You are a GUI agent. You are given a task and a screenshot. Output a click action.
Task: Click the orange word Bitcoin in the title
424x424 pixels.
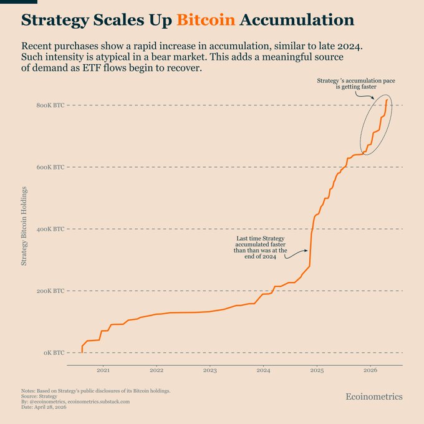pos(206,20)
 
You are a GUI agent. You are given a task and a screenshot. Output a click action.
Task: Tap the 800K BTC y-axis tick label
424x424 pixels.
pos(50,105)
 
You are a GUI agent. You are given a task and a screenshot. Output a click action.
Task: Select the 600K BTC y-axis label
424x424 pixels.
pos(50,167)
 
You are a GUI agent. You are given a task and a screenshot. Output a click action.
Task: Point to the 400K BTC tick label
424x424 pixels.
pos(50,229)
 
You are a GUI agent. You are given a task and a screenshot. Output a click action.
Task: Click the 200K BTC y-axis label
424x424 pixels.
pos(50,291)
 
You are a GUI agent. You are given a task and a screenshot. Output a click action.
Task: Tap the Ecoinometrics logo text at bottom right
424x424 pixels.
pos(374,397)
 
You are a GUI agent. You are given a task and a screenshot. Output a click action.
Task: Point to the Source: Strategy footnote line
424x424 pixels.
pos(39,396)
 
